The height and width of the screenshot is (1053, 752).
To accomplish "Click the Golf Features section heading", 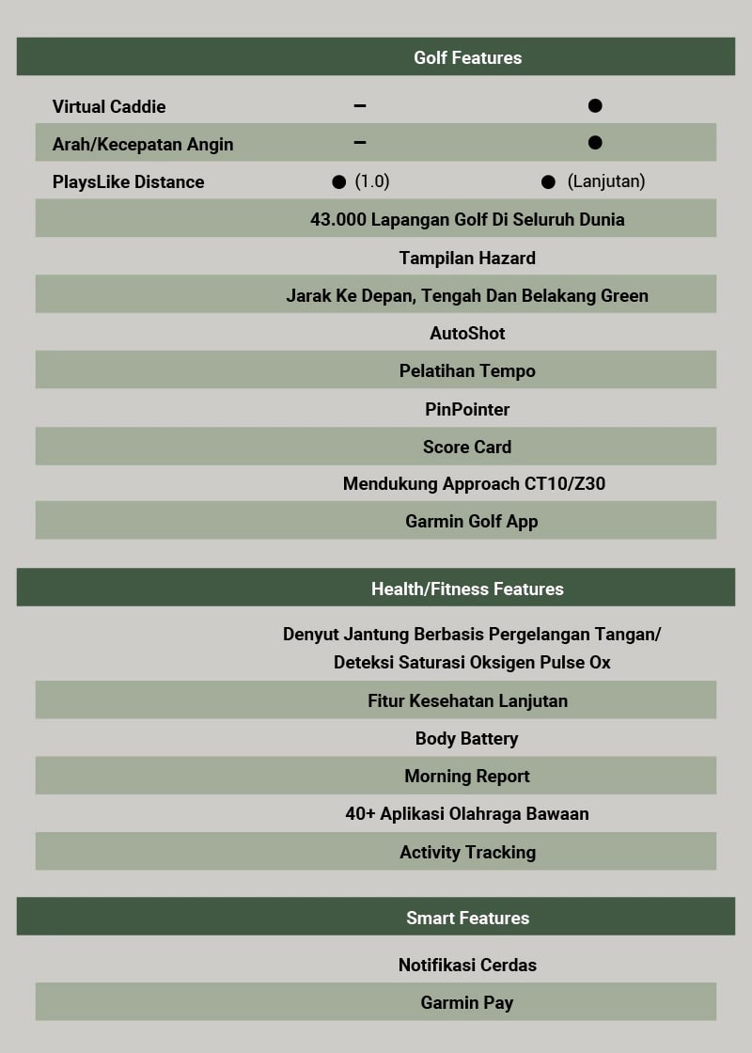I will point(467,57).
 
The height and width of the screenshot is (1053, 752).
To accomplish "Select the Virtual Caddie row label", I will point(109,106).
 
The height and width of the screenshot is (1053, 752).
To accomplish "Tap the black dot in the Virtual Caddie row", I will point(595,105).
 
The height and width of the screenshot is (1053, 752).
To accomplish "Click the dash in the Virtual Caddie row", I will point(360,105).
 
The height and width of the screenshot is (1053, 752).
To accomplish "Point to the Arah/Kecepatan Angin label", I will point(143,144).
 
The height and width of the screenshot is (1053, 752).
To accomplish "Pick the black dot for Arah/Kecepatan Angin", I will point(595,143).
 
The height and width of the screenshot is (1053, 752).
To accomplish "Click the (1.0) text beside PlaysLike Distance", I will point(372,181).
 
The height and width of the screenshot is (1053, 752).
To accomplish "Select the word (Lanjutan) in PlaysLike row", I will point(606,181).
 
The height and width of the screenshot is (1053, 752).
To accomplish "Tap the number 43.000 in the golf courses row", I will point(338,219).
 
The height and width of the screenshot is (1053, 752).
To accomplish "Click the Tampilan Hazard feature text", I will point(467,258).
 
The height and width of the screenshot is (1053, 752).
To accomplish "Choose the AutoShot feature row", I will point(467,333).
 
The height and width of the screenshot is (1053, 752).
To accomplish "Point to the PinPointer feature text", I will point(467,409).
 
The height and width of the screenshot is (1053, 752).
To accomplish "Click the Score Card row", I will point(467,447).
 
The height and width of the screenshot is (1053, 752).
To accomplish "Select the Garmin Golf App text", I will point(472,521).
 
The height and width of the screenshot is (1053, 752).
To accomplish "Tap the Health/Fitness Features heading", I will point(467,589).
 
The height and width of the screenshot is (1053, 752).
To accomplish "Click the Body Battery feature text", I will point(467,738).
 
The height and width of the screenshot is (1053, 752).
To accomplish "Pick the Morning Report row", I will point(467,776).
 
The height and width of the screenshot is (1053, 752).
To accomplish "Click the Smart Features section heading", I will point(467,918).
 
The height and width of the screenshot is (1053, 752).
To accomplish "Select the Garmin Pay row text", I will point(467,1002).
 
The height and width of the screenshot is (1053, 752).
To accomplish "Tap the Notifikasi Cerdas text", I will point(467,965).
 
